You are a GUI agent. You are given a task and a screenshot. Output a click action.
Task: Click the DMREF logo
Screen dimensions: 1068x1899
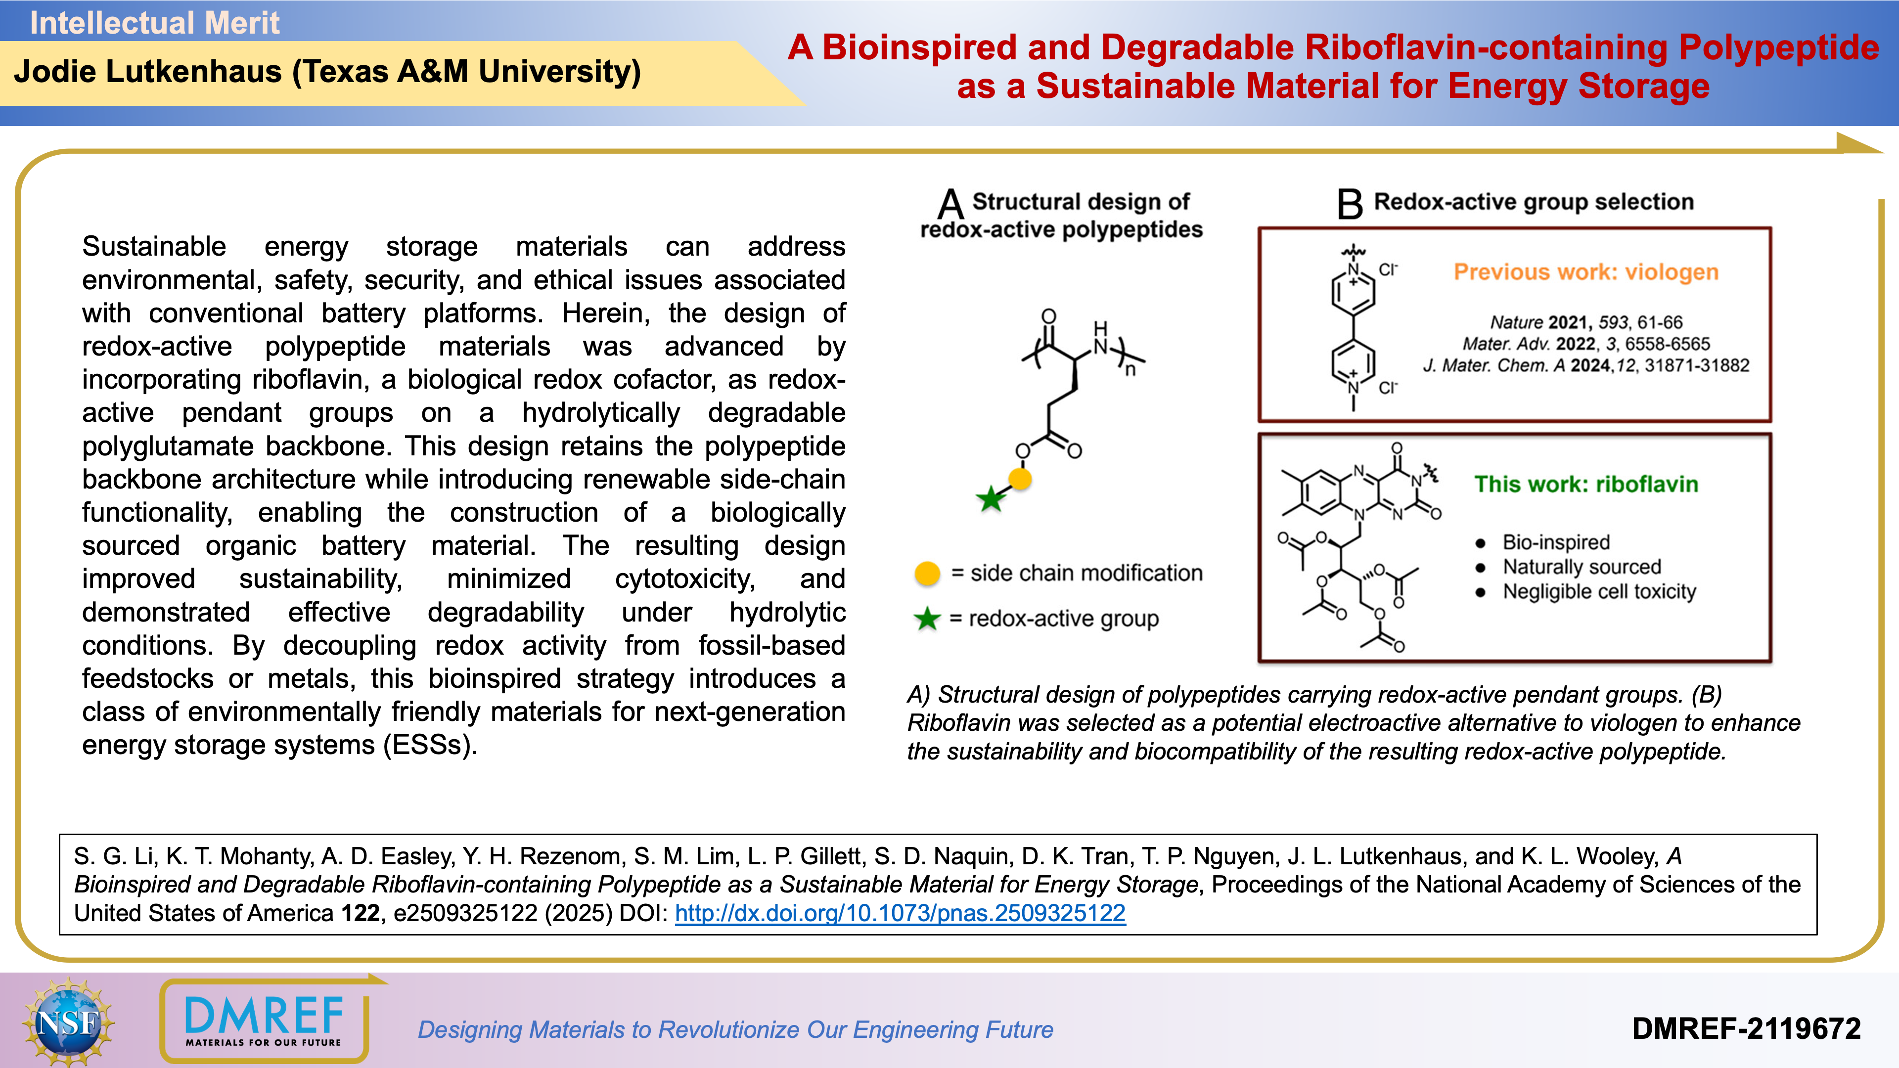pyautogui.click(x=264, y=1021)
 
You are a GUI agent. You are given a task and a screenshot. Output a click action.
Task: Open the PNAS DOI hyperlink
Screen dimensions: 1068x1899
pyautogui.click(x=900, y=913)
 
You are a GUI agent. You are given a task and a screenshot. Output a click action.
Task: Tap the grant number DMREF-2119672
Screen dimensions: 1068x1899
pyautogui.click(x=1746, y=1029)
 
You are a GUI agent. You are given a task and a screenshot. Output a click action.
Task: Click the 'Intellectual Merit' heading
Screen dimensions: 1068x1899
pyautogui.click(x=154, y=23)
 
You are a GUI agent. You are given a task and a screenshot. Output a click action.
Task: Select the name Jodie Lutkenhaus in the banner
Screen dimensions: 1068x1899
pyautogui.click(x=147, y=72)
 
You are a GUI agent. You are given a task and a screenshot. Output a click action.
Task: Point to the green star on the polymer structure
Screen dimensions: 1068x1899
pyautogui.click(x=992, y=499)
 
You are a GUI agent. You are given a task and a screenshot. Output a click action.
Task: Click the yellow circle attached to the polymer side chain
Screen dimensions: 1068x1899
pyautogui.click(x=1020, y=479)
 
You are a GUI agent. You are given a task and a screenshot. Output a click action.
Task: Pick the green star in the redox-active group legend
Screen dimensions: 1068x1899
pyautogui.click(x=927, y=619)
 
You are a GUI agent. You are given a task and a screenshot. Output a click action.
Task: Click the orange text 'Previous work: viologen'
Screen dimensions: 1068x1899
pyautogui.click(x=1585, y=272)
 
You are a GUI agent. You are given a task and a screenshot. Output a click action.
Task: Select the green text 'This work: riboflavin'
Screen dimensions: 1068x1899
pyautogui.click(x=1585, y=484)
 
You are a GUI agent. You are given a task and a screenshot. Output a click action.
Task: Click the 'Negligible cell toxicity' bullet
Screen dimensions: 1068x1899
pyautogui.click(x=1599, y=592)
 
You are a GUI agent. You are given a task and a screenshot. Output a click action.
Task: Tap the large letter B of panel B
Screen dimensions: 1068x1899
pyautogui.click(x=1349, y=204)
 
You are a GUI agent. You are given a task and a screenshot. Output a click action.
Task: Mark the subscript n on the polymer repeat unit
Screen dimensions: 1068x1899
pyautogui.click(x=1130, y=370)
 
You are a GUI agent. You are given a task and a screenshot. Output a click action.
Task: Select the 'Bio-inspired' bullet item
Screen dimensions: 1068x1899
pyautogui.click(x=1555, y=542)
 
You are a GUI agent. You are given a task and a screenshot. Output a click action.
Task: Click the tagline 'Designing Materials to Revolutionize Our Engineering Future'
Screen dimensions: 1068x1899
pyautogui.click(x=735, y=1029)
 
